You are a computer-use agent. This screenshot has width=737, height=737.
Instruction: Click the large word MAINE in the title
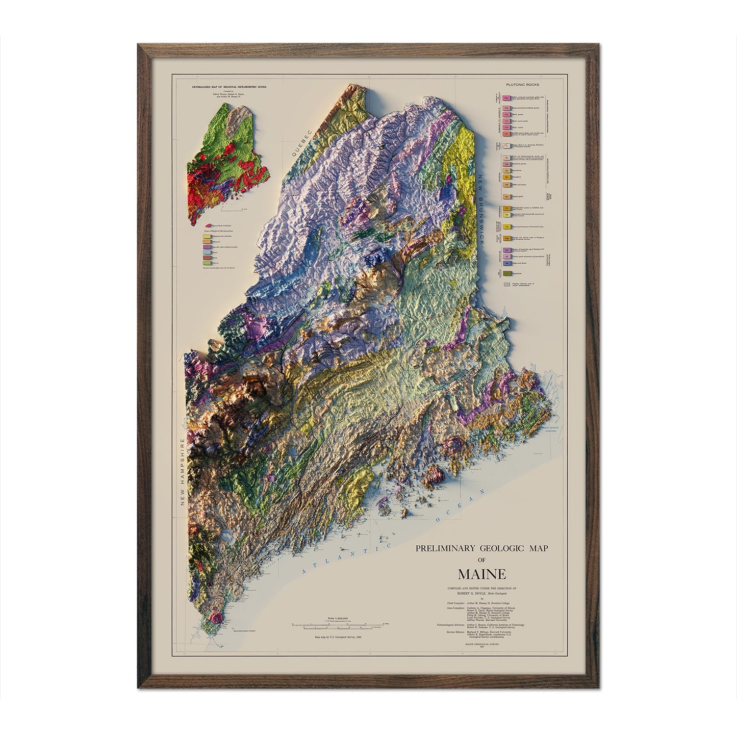481,574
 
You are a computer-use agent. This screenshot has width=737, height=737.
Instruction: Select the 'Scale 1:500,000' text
337,619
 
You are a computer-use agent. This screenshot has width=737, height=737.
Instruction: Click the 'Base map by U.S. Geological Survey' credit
337,637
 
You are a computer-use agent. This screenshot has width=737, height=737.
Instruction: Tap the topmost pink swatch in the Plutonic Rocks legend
506,97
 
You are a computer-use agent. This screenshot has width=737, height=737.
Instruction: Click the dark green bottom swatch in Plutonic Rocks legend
507,274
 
